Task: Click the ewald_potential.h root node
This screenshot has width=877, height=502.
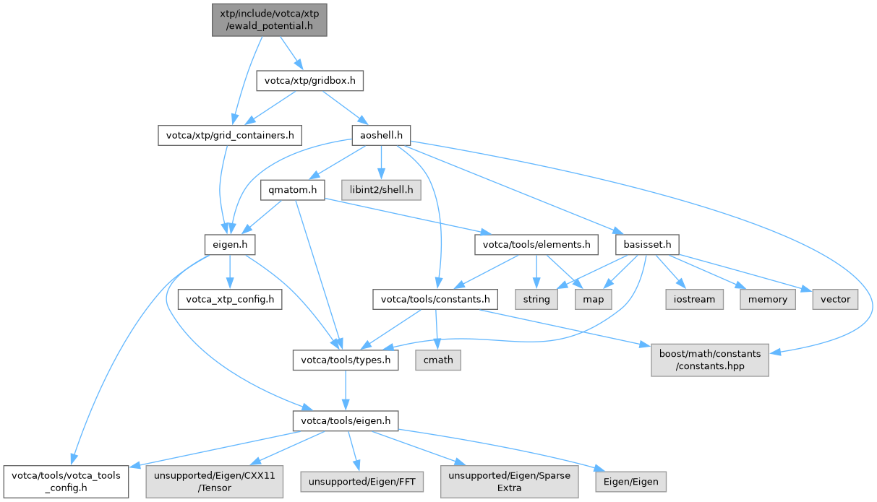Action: [x=270, y=20]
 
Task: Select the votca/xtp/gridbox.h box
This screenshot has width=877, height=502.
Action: [x=309, y=81]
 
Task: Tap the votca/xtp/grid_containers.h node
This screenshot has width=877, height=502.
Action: [x=230, y=135]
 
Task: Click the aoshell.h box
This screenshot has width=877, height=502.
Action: [x=381, y=135]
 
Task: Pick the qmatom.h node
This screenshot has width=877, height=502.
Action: [x=293, y=190]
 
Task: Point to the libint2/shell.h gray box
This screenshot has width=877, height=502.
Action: [x=381, y=190]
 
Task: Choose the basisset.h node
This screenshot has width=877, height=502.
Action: [x=647, y=245]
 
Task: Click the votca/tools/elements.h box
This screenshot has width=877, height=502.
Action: [x=536, y=245]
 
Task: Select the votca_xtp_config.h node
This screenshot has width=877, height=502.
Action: [x=230, y=299]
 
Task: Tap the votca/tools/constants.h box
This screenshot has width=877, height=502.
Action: [x=435, y=299]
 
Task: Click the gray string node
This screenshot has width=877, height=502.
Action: [x=536, y=299]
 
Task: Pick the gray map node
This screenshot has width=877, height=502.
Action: [x=593, y=299]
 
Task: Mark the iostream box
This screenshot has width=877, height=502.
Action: [x=694, y=299]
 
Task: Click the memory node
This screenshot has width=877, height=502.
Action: [x=767, y=299]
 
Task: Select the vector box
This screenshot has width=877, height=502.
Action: [x=835, y=299]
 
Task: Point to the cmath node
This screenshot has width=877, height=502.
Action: [x=438, y=360]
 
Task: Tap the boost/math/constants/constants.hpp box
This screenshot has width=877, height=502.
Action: [x=710, y=360]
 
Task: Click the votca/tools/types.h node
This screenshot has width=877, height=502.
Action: [x=346, y=360]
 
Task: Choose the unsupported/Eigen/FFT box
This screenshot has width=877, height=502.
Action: [x=362, y=482]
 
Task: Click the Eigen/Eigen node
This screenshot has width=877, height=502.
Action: [x=630, y=482]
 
